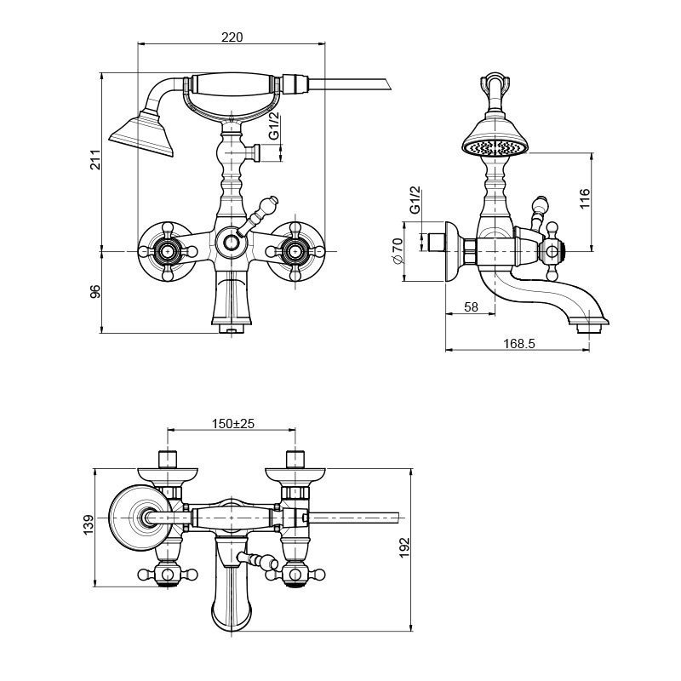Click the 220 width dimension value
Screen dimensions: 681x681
click(x=232, y=37)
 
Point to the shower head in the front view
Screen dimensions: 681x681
click(x=141, y=134)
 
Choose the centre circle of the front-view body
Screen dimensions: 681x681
click(x=230, y=244)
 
